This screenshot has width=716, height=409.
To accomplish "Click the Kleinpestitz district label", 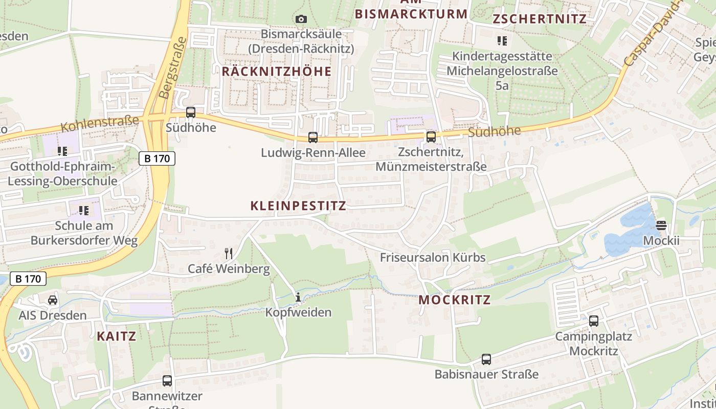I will [x=298, y=206].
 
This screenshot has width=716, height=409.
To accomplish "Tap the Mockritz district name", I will [x=455, y=300].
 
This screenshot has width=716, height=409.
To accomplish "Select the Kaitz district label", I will [x=117, y=336].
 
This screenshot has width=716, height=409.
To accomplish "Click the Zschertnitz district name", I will [x=539, y=19].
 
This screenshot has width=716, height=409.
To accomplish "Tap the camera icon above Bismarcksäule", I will [x=301, y=19].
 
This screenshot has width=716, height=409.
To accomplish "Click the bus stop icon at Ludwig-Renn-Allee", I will [x=312, y=138].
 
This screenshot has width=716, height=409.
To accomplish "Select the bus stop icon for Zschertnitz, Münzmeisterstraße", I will [x=431, y=137].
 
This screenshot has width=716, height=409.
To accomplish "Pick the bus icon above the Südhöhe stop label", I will [x=191, y=112].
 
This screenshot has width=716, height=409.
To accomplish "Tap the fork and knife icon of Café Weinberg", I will [x=229, y=253].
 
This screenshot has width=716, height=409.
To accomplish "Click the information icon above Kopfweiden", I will [x=298, y=297].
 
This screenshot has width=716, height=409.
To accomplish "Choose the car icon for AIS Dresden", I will [x=53, y=300].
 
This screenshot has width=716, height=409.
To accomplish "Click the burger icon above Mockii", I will [x=661, y=225].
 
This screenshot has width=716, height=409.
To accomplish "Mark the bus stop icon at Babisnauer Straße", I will [x=486, y=359].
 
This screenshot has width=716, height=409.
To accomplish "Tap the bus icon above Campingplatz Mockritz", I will [x=593, y=321].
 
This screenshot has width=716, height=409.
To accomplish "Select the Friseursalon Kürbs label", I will [x=432, y=258].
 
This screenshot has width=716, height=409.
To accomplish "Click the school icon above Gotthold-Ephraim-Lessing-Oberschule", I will [x=62, y=151].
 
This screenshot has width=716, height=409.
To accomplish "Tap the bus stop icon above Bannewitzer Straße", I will [x=167, y=381].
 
